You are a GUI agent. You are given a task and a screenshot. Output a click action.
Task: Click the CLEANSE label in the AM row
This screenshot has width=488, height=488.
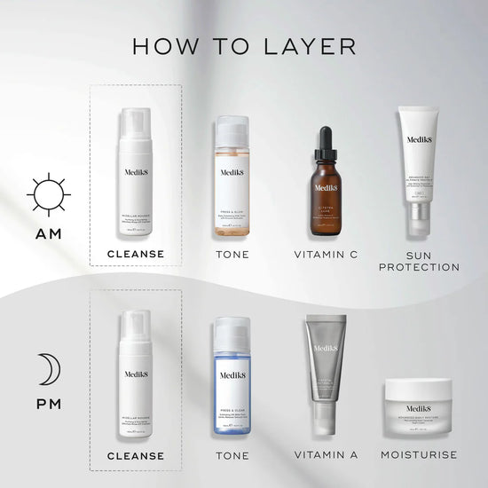click(135, 254)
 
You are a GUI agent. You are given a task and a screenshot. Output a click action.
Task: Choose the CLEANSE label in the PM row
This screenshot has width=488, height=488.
click(135, 456)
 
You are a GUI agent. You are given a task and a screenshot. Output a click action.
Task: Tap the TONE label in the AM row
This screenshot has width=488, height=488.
click(232, 254)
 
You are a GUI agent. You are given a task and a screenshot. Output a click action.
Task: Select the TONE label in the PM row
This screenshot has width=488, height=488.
click(232, 456)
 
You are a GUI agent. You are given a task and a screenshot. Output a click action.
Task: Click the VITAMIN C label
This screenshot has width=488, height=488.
click(326, 254)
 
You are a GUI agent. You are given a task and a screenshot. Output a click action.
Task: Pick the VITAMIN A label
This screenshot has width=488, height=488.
click(326, 456)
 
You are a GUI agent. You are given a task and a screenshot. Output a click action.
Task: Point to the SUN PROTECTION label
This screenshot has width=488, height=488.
click(421, 260)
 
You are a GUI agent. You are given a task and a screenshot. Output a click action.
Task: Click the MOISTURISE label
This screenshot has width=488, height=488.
click(421, 456)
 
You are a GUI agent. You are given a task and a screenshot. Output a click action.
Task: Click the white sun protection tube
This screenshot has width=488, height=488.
click(421, 173)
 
